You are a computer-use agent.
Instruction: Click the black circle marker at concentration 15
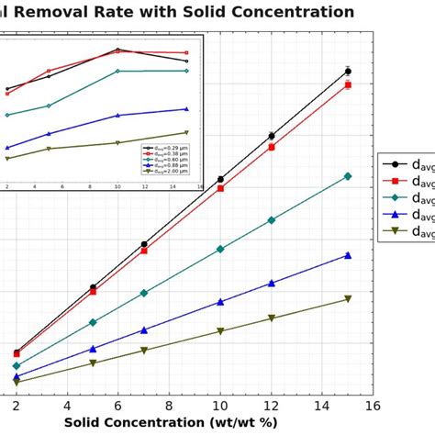[348, 71]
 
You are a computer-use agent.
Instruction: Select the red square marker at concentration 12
[271, 146]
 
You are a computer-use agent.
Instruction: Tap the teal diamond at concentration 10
[220, 249]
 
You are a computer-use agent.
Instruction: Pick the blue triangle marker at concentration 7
[144, 329]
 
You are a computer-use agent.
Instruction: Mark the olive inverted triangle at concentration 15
[348, 299]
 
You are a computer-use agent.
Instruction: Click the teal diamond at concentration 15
[348, 176]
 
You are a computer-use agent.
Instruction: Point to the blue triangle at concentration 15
[348, 255]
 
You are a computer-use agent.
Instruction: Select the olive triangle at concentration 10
[220, 331]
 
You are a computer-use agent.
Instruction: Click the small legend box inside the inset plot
[165, 159]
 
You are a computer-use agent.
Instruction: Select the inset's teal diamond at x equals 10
[117, 71]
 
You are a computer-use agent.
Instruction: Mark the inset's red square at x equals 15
[186, 52]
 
